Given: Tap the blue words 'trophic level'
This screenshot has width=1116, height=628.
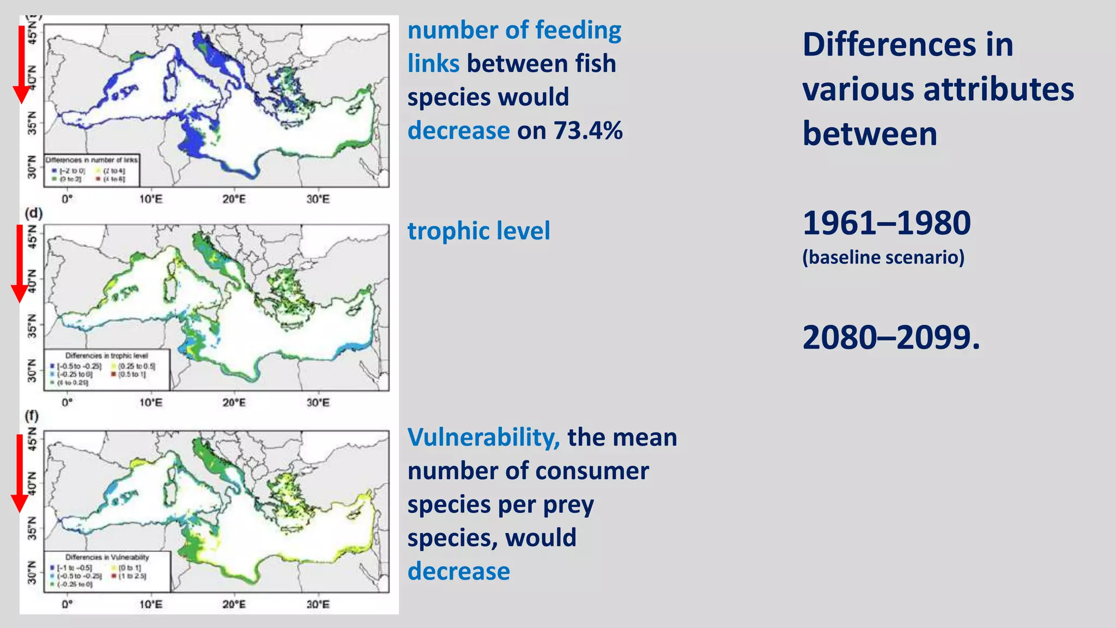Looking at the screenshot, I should point(478,231).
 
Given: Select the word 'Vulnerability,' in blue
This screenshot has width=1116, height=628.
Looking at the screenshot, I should point(483,437).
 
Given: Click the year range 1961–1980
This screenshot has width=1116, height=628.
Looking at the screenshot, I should point(886,223).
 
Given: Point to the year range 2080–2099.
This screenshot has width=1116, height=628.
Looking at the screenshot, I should point(890,337).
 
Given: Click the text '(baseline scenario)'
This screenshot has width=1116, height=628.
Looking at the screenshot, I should point(883,257).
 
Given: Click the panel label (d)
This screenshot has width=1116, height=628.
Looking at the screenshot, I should point(33,213).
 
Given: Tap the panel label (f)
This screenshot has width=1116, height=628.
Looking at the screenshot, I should point(32,416).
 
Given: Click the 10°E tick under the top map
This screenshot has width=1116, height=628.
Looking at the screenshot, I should point(150,199).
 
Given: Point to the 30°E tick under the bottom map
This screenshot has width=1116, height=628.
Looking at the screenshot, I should point(318,604).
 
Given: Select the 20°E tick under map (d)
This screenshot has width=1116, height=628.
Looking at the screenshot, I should point(234,403).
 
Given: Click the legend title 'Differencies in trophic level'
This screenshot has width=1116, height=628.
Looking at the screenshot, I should point(106,355).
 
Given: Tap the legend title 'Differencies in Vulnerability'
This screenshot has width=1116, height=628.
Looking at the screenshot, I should point(107,557).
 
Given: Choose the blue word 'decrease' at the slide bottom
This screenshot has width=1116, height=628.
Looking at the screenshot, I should point(458,571).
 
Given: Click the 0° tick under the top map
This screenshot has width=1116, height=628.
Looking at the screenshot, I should point(67,199).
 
